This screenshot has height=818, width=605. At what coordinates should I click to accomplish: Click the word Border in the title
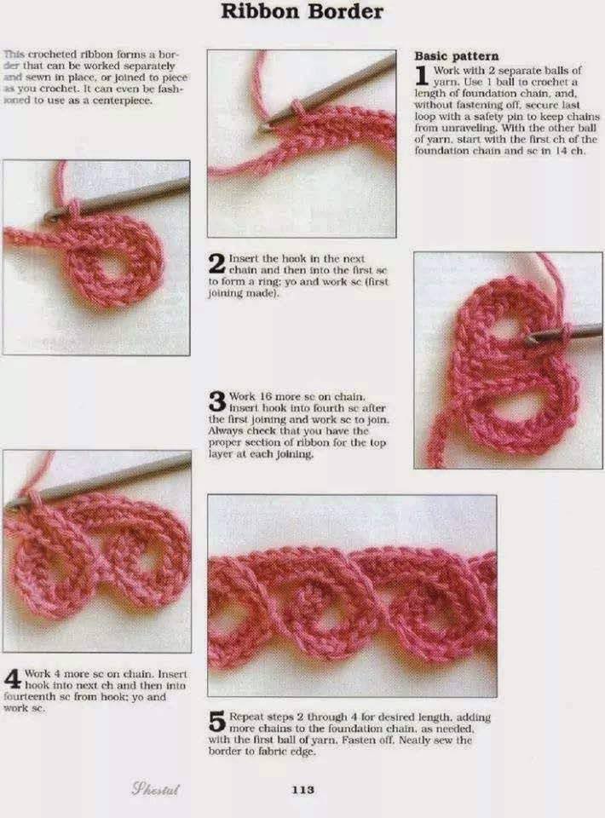point(345,11)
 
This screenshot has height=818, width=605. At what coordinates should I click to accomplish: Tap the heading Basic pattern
point(457,56)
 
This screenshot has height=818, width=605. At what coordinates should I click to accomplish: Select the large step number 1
point(422,76)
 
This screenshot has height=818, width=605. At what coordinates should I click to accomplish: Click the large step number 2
point(217,263)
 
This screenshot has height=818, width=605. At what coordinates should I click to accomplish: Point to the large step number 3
point(217,401)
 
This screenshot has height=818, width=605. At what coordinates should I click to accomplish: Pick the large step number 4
point(12,679)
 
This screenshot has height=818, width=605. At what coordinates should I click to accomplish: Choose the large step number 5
point(217,722)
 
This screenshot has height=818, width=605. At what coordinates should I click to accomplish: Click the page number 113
point(303,790)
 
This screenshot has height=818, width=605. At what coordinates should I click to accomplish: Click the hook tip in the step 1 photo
point(265,125)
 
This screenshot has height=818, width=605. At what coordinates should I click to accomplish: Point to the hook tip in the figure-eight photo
point(529,338)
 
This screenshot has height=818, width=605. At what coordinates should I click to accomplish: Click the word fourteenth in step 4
point(27,697)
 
